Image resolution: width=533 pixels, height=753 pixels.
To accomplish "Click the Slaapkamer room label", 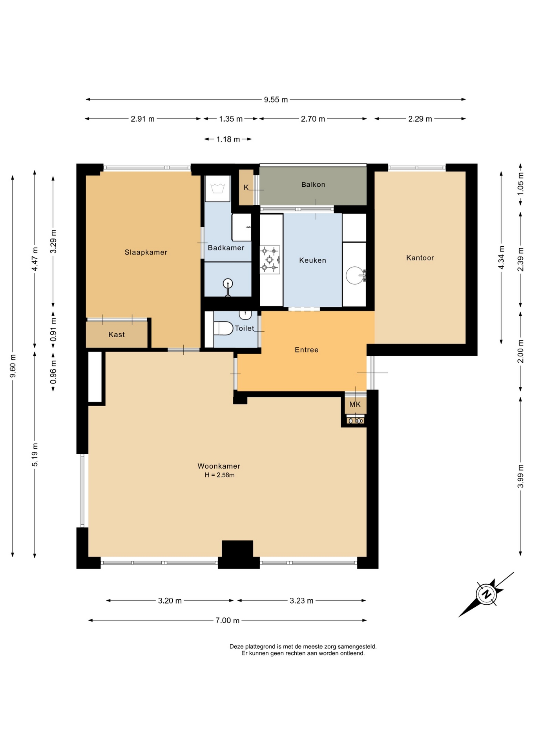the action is (146, 252).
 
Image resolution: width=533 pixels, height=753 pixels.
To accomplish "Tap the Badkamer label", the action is (226, 248).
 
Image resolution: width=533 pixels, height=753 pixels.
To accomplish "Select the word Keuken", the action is (312, 260).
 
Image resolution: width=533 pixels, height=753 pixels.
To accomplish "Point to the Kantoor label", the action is (420, 258).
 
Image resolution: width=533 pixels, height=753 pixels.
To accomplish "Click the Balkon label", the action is (313, 184).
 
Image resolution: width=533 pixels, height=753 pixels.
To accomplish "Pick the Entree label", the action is (307, 350).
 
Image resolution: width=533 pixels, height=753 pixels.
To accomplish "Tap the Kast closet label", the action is (117, 335).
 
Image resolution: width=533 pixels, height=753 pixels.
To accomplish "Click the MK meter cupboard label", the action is (355, 404).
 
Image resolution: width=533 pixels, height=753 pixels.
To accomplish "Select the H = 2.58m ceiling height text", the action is (219, 475).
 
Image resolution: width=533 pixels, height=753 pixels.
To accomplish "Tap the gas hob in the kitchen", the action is (270, 260).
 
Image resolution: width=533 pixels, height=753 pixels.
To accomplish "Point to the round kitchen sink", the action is (355, 275).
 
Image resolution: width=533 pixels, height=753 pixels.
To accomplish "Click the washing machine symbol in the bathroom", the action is (217, 189).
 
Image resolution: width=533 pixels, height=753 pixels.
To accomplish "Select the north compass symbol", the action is (487, 594).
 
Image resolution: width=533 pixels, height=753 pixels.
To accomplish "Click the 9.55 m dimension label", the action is (276, 100).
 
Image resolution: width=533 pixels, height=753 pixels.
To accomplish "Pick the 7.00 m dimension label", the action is (228, 620).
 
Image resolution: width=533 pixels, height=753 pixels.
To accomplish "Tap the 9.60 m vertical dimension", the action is (13, 366).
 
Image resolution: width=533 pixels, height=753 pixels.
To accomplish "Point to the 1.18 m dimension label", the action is (228, 139).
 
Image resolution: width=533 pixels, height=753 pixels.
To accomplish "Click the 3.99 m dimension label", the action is (520, 476).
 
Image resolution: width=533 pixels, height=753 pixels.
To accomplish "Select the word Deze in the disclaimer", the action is (237, 646).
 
